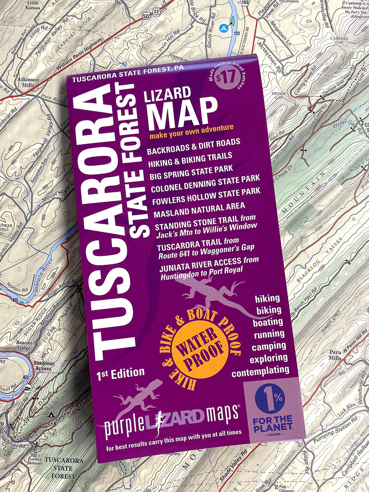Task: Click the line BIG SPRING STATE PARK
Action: click(191, 171)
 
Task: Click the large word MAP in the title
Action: click(182, 110)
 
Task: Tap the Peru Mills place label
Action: click(335, 355)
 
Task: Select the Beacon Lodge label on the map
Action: click(24, 345)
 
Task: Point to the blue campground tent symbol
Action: click(223, 28)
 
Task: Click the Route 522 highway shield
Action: click(146, 17)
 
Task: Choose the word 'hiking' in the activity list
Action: click(268, 298)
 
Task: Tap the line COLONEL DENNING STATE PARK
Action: click(205, 183)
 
